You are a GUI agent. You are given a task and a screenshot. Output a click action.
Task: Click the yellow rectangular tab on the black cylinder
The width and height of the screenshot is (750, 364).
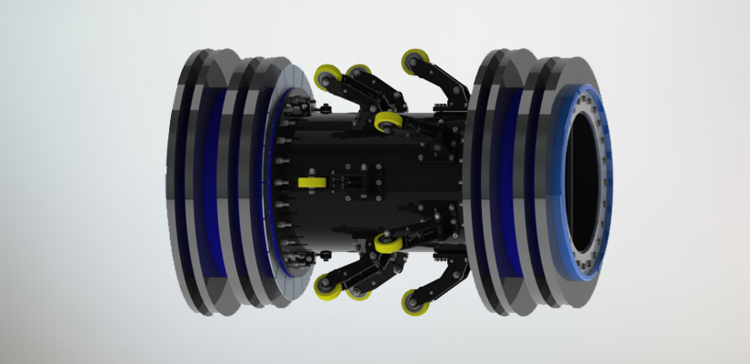311,182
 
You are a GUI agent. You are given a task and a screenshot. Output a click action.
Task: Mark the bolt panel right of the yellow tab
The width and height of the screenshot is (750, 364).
354,182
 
